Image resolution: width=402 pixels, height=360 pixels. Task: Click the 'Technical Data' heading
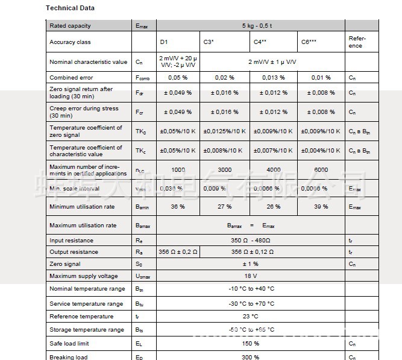70,8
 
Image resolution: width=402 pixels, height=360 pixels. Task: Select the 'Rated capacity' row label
70,26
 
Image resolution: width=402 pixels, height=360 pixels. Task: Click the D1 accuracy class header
164,42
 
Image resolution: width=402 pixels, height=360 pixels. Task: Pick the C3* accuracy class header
209,42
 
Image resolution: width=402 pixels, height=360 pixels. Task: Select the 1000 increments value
178,170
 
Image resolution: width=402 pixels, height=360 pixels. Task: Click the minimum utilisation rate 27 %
224,207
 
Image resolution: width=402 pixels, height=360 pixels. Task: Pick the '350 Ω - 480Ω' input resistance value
251,240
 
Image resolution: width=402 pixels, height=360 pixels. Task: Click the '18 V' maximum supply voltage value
251,276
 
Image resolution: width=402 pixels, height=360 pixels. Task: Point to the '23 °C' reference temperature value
251,317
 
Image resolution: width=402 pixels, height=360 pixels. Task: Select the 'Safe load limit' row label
69,343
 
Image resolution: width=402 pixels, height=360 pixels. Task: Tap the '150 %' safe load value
251,343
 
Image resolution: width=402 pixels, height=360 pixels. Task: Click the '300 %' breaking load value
251,357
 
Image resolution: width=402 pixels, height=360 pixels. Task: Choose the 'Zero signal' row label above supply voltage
65,264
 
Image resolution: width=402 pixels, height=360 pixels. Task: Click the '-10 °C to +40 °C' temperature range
251,289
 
